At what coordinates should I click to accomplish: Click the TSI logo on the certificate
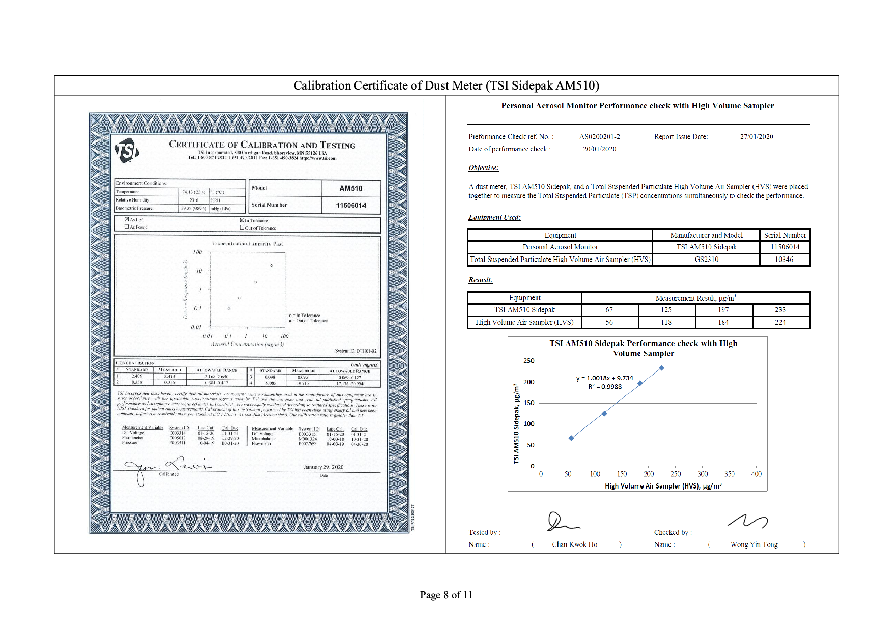coord(127,151)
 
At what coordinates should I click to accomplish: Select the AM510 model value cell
coord(351,188)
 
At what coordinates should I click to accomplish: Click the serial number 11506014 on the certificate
coord(351,205)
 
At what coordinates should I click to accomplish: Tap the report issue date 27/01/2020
coord(757,136)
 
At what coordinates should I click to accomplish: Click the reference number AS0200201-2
coord(599,136)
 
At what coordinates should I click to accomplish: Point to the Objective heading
coord(484,168)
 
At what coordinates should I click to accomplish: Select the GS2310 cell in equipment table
coord(706,259)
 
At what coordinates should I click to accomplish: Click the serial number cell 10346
coord(784,259)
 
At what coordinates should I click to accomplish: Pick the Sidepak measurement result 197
coord(723,309)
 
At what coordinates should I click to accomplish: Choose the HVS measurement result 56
coord(609,322)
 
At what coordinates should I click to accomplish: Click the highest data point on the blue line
coord(661,368)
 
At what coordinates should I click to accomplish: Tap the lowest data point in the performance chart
coord(571,438)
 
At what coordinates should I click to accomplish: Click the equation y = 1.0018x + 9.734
coord(605,378)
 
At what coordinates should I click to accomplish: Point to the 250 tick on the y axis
coord(529,361)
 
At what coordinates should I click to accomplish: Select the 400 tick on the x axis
coord(756,474)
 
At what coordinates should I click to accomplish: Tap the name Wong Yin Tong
coord(754,544)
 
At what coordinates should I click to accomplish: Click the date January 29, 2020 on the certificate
coord(323,467)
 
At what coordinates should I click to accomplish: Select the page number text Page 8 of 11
coord(446,595)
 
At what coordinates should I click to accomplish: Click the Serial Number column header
coord(785,235)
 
